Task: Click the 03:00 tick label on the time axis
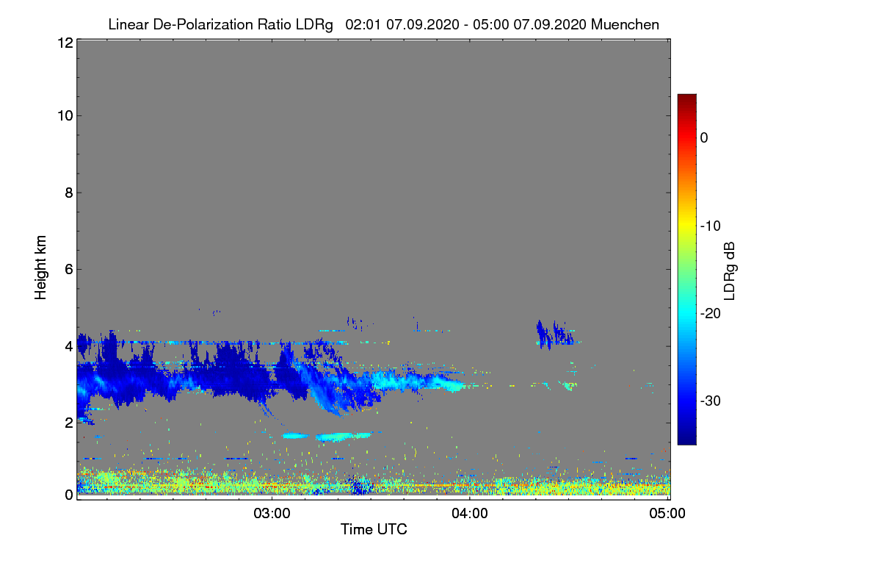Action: click(x=272, y=514)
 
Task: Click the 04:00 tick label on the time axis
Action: click(x=470, y=514)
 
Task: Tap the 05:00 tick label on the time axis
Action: click(x=667, y=514)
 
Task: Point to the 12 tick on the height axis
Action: click(x=65, y=43)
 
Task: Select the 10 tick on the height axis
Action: click(x=65, y=116)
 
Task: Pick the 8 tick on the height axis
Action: click(x=69, y=193)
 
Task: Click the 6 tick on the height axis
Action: click(x=69, y=270)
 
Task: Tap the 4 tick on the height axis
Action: click(x=69, y=347)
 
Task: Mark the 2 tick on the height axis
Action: click(x=69, y=423)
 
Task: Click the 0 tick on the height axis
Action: click(x=69, y=495)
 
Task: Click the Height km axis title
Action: click(x=40, y=268)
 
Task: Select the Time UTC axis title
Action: click(x=374, y=529)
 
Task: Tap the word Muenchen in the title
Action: click(x=625, y=24)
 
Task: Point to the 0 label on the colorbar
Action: click(x=704, y=138)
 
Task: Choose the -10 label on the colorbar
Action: click(x=711, y=226)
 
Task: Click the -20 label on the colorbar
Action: click(x=711, y=314)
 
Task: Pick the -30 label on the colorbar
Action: click(x=711, y=401)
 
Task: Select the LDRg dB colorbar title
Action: click(x=730, y=271)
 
